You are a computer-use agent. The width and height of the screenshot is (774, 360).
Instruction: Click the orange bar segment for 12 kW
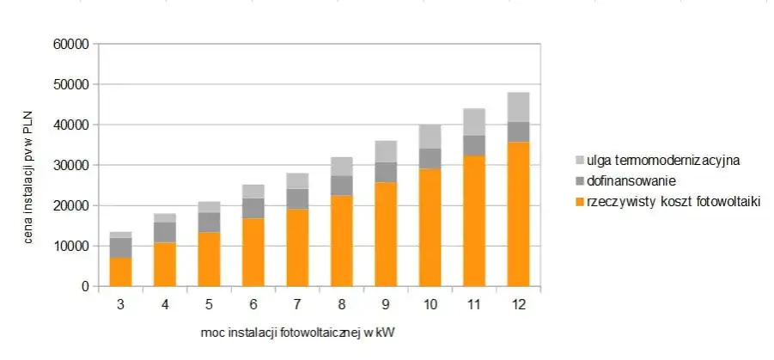[x=518, y=215]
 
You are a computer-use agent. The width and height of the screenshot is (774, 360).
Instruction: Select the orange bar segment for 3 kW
[x=120, y=272]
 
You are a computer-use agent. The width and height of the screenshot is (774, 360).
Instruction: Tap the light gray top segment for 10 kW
[x=430, y=137]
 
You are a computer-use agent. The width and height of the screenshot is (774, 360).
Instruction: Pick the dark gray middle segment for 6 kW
[x=253, y=208]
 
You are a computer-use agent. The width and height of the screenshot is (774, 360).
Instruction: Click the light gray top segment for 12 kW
[x=518, y=107]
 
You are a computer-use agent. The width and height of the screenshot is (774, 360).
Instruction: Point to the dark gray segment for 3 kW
[x=120, y=247]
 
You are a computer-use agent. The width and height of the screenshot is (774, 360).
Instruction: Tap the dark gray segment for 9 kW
[x=386, y=172]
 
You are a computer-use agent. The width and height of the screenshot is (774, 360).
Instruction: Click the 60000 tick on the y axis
[x=73, y=45]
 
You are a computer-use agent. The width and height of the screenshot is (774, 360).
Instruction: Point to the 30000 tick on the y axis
[x=73, y=165]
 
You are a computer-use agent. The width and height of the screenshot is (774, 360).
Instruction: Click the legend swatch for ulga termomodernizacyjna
[x=580, y=160]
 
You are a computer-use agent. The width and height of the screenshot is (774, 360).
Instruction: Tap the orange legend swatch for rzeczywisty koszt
[x=580, y=201]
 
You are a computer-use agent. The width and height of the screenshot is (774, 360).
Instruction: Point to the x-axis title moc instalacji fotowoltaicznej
[x=296, y=331]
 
